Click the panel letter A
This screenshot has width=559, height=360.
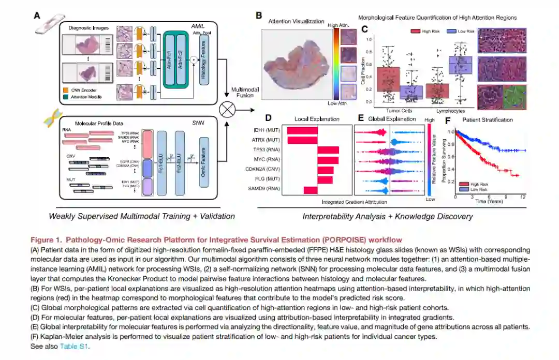37,16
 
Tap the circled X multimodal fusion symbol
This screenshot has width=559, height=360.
227,110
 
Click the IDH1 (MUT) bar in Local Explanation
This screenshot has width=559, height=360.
302,130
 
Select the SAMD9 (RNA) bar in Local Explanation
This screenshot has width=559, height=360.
311,190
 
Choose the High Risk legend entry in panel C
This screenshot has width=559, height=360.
424,31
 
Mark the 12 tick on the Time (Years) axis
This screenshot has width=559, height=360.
523,197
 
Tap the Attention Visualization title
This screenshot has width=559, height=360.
292,21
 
